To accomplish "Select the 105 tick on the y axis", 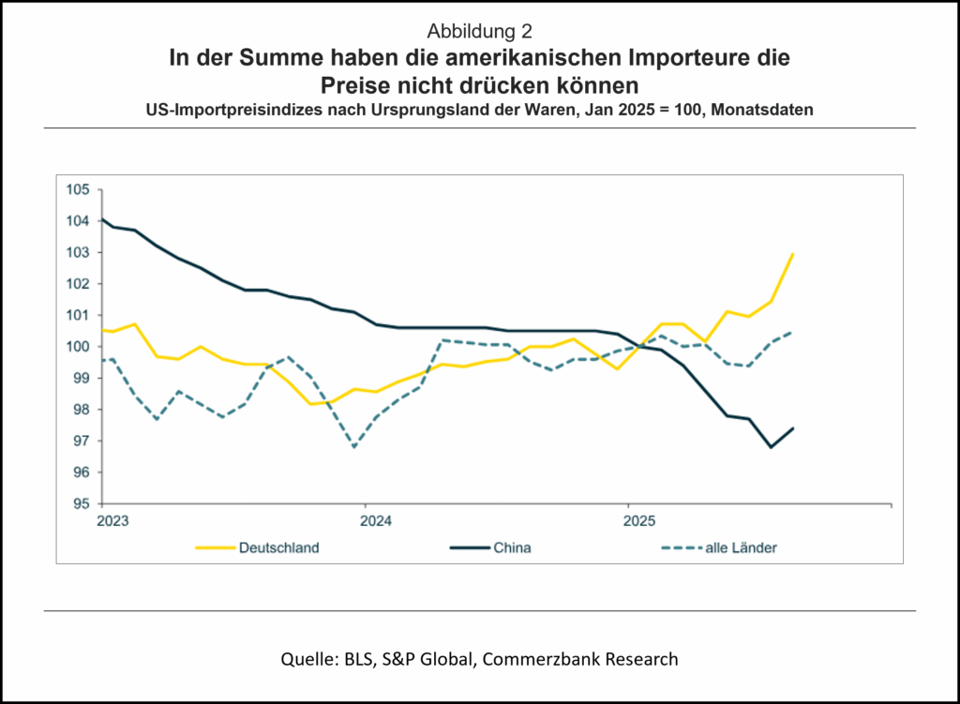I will pos(78,189).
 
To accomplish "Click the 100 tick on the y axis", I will pos(78,347).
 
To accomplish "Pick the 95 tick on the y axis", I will pos(81,503).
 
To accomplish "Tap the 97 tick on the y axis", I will pos(81,441).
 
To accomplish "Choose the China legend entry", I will pos(512,547).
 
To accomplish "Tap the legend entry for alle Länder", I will pos(741,547).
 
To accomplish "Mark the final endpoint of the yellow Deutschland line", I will pos(794,253).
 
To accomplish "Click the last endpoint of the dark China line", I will pos(794,428).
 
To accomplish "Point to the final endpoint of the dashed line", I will pos(794,332).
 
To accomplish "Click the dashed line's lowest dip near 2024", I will pos(354,447).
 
